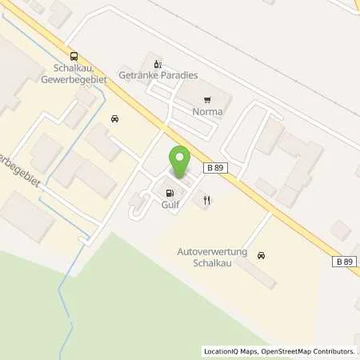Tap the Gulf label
(x=169, y=205)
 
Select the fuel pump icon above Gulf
(x=169, y=192)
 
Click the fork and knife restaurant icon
(x=206, y=201)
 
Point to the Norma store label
(x=208, y=113)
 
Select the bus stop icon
(x=74, y=56)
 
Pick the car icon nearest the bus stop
(x=116, y=118)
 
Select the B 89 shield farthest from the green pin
(x=344, y=262)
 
